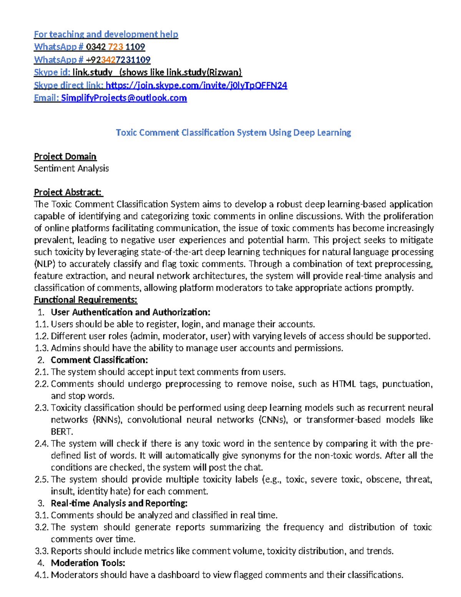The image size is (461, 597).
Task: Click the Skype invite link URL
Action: [196, 85]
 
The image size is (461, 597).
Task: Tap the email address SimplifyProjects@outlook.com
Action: [124, 98]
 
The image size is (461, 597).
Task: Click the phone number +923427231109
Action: [118, 60]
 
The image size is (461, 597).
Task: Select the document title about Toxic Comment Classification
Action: [233, 133]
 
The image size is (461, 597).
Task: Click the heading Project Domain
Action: [65, 156]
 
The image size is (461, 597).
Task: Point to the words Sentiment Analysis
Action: [71, 168]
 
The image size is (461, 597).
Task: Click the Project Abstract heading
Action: [68, 192]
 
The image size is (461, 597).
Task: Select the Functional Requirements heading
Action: [85, 300]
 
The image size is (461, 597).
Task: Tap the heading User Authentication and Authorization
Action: [131, 312]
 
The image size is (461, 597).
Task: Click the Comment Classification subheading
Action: [99, 360]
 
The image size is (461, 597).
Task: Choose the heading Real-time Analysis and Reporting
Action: [119, 503]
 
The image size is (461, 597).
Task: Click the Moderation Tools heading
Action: [88, 563]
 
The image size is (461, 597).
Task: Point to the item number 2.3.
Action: [41, 408]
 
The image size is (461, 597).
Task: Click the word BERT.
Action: [61, 432]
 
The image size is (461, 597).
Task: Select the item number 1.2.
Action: [41, 336]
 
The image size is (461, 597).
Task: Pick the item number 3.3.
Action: [41, 551]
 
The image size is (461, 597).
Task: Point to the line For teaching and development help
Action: [106, 35]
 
